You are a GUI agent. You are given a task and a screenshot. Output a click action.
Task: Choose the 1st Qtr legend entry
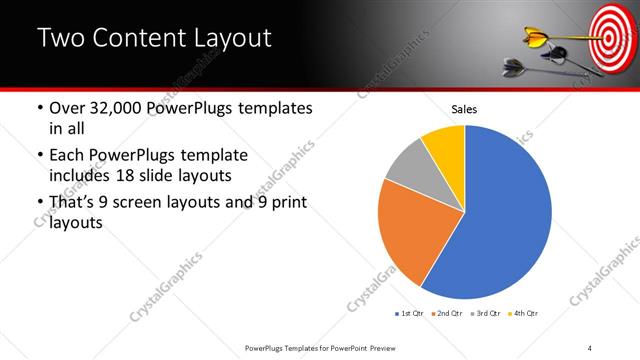tap(411, 314)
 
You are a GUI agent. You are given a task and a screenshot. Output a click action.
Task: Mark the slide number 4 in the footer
tap(590, 347)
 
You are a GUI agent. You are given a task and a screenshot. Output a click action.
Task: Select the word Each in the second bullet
tap(70, 156)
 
